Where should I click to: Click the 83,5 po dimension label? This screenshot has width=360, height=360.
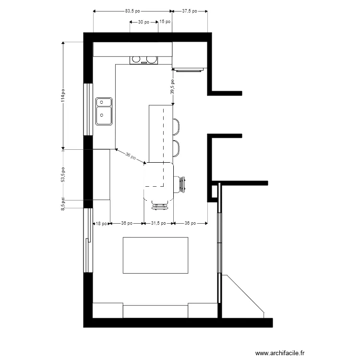pyautogui.click(x=132, y=10)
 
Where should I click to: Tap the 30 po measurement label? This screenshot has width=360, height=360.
pyautogui.click(x=144, y=22)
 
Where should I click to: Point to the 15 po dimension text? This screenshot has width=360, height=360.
pyautogui.click(x=165, y=22)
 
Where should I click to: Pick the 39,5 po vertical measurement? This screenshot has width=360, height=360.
pyautogui.click(x=172, y=86)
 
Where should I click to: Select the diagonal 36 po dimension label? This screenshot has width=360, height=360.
pyautogui.click(x=131, y=156)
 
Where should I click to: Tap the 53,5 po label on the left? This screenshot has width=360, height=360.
pyautogui.click(x=62, y=174)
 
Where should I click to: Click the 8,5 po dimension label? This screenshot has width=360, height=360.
pyautogui.click(x=62, y=204)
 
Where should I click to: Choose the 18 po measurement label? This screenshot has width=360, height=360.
pyautogui.click(x=101, y=223)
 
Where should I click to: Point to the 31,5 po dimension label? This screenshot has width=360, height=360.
pyautogui.click(x=158, y=223)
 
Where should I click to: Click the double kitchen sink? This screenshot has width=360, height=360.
pyautogui.click(x=104, y=111)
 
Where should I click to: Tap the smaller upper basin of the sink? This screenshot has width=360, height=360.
pyautogui.click(x=104, y=102)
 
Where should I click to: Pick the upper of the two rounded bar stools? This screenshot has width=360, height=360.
pyautogui.click(x=176, y=126)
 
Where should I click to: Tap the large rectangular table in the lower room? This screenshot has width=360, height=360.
pyautogui.click(x=156, y=255)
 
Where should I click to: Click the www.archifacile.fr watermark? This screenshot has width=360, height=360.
pyautogui.click(x=280, y=353)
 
